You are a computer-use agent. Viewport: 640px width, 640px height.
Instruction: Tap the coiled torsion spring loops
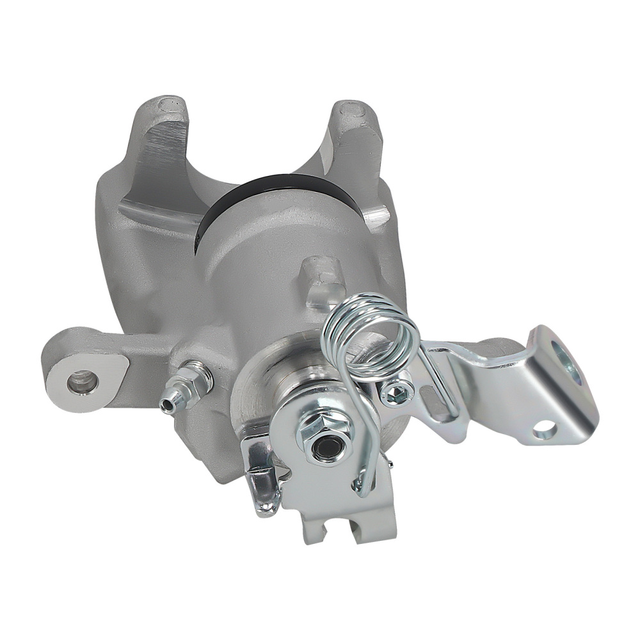tap(371, 326)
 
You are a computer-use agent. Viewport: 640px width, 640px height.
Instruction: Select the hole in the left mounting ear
tap(82, 385)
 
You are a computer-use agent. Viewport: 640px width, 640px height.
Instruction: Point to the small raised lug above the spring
tap(320, 275)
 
